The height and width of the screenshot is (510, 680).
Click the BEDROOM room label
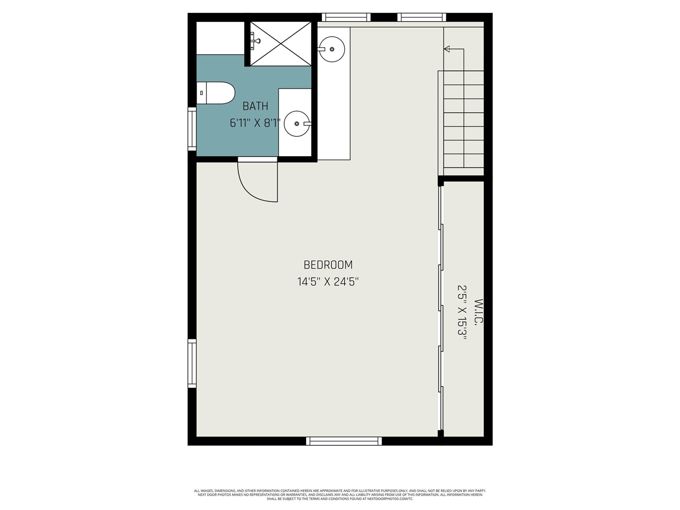[x=328, y=265]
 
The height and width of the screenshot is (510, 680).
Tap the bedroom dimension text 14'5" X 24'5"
[x=328, y=282]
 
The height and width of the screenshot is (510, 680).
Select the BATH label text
[x=256, y=106]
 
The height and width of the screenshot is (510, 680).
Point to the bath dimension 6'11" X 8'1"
[x=255, y=123]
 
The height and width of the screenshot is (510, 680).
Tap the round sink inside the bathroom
[x=296, y=124]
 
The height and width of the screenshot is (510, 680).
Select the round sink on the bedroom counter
[x=332, y=49]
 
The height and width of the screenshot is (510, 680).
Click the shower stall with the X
[x=280, y=44]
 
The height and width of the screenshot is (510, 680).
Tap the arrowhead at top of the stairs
[x=447, y=49]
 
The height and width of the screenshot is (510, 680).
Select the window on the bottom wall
[x=344, y=441]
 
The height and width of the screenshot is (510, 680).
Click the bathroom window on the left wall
[x=192, y=129]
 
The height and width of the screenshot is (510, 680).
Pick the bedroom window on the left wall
[x=192, y=363]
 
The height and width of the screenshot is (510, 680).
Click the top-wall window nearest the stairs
[x=421, y=18]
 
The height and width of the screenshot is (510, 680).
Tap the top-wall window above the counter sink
[x=347, y=18]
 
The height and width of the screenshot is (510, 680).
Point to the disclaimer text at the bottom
[x=340, y=495]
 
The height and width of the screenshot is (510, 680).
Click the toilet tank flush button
[x=201, y=93]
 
